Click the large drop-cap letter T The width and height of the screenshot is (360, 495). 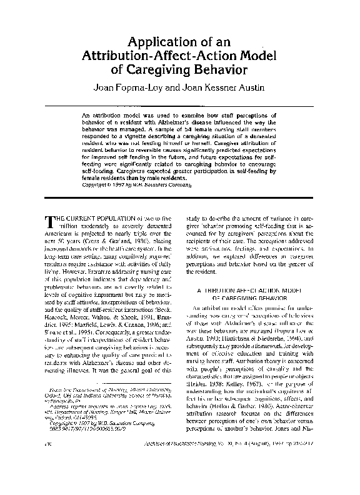point(52,222)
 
